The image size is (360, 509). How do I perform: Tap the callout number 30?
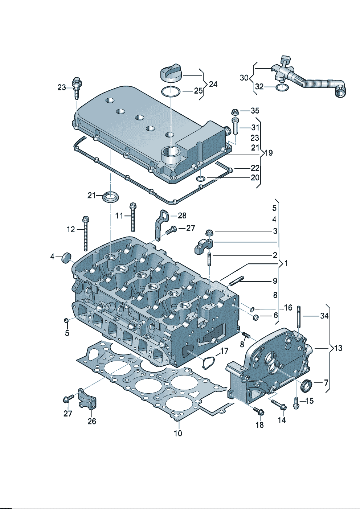(244, 78)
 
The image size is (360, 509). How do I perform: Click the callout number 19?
(268, 153)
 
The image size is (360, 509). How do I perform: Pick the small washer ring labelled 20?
(200, 178)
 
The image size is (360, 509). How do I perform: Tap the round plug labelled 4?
(66, 258)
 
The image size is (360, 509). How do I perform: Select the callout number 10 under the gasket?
(178, 433)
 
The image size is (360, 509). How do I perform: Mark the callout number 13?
(338, 348)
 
